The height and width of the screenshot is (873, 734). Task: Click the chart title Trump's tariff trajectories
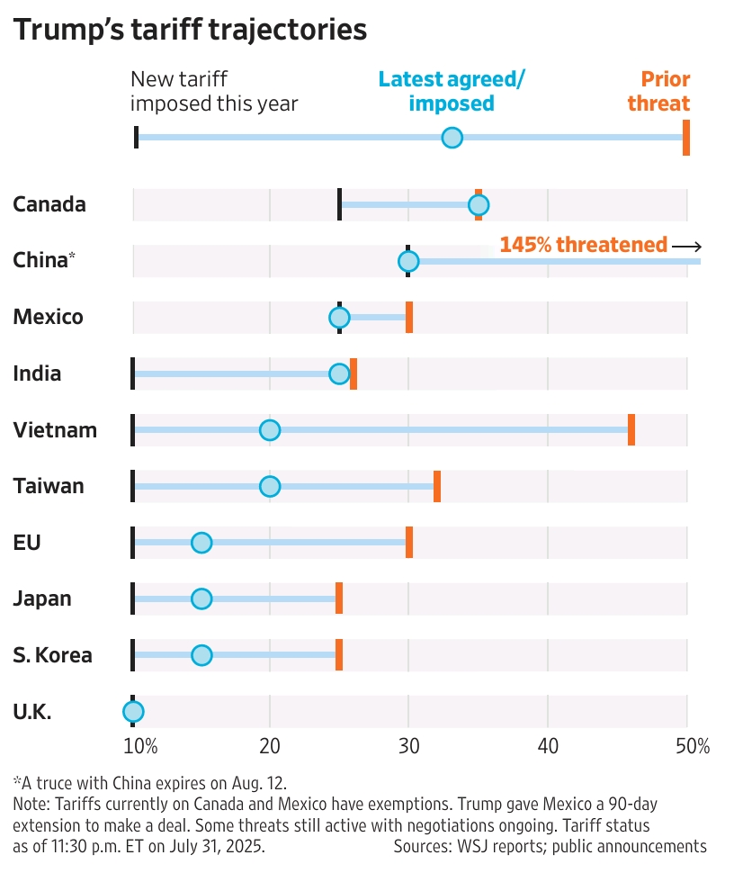pyautogui.click(x=190, y=30)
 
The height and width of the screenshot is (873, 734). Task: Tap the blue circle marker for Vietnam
pyautogui.click(x=270, y=430)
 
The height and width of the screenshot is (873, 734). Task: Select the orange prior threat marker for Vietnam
pyautogui.click(x=631, y=430)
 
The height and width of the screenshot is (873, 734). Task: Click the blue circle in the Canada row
pyautogui.click(x=478, y=205)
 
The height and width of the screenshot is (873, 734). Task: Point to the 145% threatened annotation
pyautogui.click(x=584, y=245)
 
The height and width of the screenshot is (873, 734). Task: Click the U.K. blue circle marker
pyautogui.click(x=133, y=712)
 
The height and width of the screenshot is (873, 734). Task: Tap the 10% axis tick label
pyautogui.click(x=140, y=746)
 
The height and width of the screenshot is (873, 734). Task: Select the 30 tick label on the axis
pyautogui.click(x=408, y=746)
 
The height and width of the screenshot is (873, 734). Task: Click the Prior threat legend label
pyautogui.click(x=658, y=91)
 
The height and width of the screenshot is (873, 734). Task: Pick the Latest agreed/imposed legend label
pyautogui.click(x=452, y=91)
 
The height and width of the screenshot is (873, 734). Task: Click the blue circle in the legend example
pyautogui.click(x=452, y=138)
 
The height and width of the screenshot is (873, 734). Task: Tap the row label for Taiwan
pyautogui.click(x=49, y=486)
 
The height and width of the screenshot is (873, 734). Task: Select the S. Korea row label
pyautogui.click(x=52, y=655)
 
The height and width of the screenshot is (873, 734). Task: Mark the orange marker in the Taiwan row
pyautogui.click(x=437, y=486)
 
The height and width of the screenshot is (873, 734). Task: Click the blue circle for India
pyautogui.click(x=339, y=373)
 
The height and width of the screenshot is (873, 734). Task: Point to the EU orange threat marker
pyautogui.click(x=409, y=543)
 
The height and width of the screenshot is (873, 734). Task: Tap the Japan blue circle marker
pyautogui.click(x=201, y=598)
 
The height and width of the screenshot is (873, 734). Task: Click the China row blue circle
pyautogui.click(x=408, y=261)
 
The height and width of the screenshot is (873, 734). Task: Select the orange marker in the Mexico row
pyautogui.click(x=409, y=318)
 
